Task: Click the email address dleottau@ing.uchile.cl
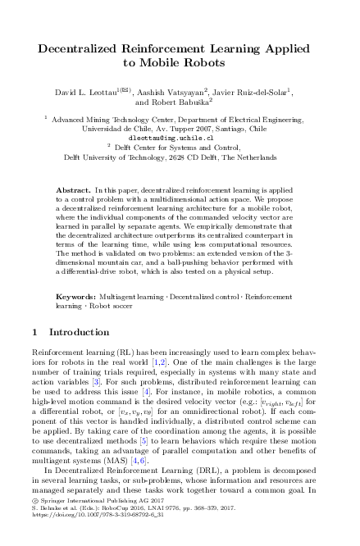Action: pyautogui.click(x=180, y=138)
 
